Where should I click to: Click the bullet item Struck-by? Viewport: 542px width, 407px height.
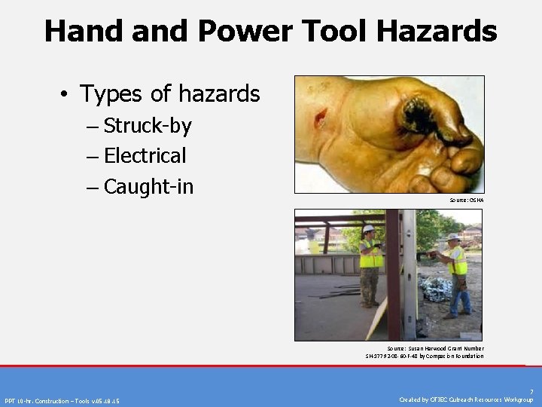pyautogui.click(x=148, y=125)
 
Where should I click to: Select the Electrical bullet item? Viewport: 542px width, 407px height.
pyautogui.click(x=145, y=156)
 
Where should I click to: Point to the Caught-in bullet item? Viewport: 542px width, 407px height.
pyautogui.click(x=148, y=186)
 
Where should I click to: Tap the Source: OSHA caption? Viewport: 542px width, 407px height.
pyautogui.click(x=467, y=200)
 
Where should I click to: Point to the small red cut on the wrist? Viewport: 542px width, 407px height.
pyautogui.click(x=321, y=118)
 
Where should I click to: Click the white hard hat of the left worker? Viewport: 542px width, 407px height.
pyautogui.click(x=369, y=228)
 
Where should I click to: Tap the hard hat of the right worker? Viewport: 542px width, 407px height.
pyautogui.click(x=453, y=237)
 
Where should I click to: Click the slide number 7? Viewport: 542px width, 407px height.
pyautogui.click(x=531, y=392)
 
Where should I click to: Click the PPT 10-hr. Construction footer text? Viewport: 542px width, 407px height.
pyautogui.click(x=62, y=400)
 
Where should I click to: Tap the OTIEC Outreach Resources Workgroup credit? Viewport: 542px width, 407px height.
pyautogui.click(x=466, y=399)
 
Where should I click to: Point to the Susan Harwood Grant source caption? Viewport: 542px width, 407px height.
pyautogui.click(x=425, y=352)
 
